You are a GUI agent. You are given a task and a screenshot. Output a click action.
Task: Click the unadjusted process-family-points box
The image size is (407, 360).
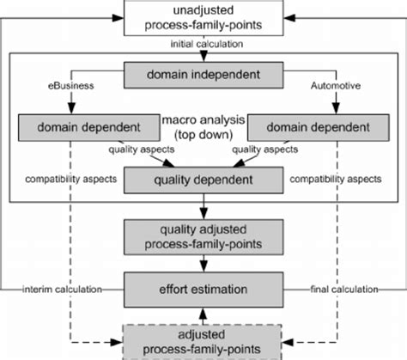pyautogui.click(x=203, y=19)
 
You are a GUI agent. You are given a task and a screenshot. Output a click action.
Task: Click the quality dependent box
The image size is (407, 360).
pyautogui.click(x=203, y=180)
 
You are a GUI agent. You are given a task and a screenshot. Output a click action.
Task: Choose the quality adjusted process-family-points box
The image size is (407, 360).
pyautogui.click(x=203, y=235)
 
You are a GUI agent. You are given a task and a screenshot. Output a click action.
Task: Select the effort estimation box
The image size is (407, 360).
pyautogui.click(x=203, y=288)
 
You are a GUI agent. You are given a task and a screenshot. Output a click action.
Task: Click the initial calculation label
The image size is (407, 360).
pyautogui.click(x=203, y=43)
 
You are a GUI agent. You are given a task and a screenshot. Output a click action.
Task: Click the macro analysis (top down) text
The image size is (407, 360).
pyautogui.click(x=203, y=128)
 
